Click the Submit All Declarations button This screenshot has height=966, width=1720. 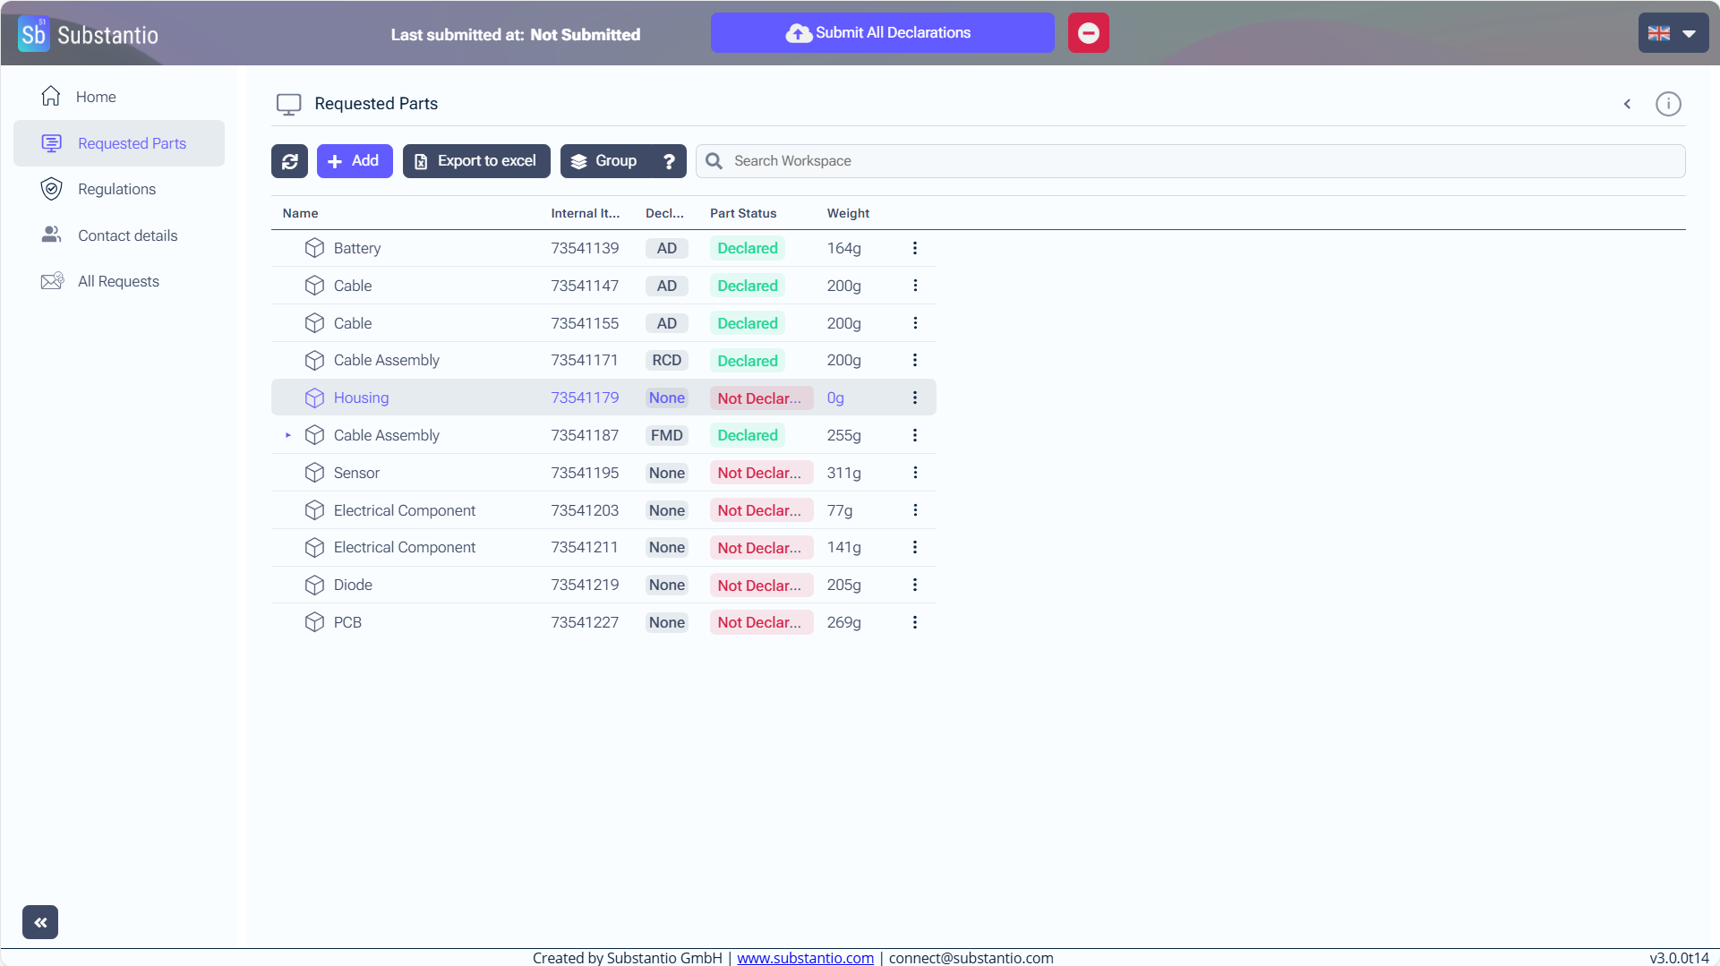coord(881,33)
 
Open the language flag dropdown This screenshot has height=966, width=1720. coord(1673,33)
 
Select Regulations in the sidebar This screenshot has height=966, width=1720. coord(116,189)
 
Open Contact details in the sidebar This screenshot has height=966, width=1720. coord(127,235)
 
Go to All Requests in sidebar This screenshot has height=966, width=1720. coord(118,281)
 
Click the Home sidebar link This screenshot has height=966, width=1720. coord(96,97)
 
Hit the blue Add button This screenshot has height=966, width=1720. coord(354,161)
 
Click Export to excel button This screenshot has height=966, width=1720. coord(476,161)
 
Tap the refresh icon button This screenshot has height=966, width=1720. coord(289,161)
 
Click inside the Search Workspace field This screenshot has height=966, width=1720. coord(1200,161)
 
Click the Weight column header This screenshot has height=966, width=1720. coord(848,213)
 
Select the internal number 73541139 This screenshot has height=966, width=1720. coord(585,248)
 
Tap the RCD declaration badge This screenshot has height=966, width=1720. coord(666,360)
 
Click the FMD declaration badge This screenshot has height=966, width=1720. coord(666,435)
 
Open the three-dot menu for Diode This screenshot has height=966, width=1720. coord(915,585)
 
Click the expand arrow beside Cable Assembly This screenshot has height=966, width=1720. coord(288,435)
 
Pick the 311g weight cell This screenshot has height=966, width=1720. coord(843,473)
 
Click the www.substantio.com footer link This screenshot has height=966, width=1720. coord(805,958)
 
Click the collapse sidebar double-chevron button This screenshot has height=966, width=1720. coord(40,922)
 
